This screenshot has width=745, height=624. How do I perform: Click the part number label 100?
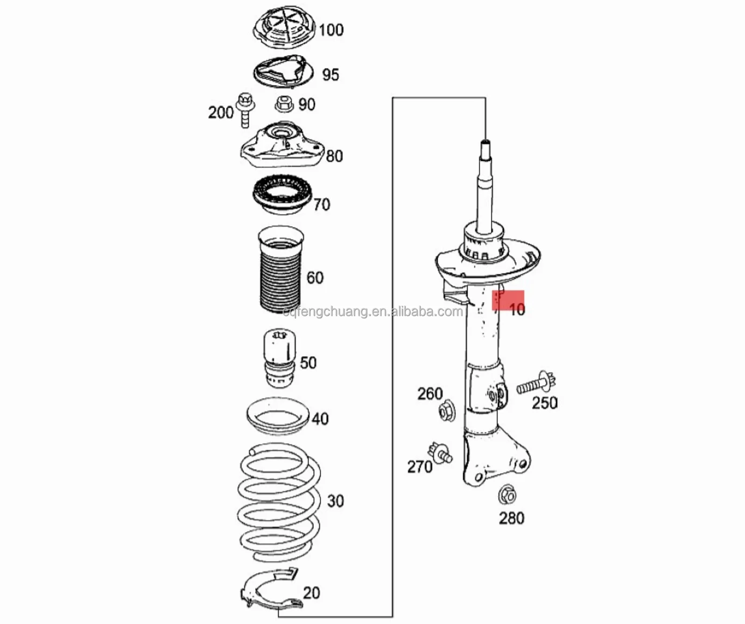[331, 30]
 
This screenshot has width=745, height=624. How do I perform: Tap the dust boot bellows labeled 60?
[279, 271]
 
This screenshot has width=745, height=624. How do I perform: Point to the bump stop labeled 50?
[278, 358]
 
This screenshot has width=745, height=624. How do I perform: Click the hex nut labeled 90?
[283, 104]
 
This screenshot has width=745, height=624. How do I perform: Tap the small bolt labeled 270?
[440, 452]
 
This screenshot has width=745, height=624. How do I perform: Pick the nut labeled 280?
[507, 494]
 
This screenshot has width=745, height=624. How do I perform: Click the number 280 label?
[511, 518]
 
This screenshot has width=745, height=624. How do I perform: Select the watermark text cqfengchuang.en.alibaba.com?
[372, 311]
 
